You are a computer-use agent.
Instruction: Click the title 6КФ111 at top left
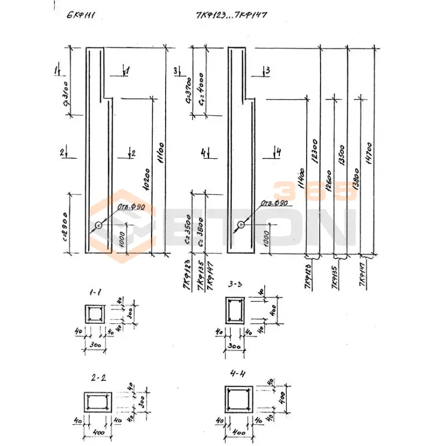[81, 15]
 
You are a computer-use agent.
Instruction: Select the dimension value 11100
[160, 151]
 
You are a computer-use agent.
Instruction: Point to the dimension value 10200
[146, 178]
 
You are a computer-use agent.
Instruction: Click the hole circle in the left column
[99, 225]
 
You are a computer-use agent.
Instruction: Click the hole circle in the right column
[240, 225]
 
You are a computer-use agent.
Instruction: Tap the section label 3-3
[236, 284]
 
